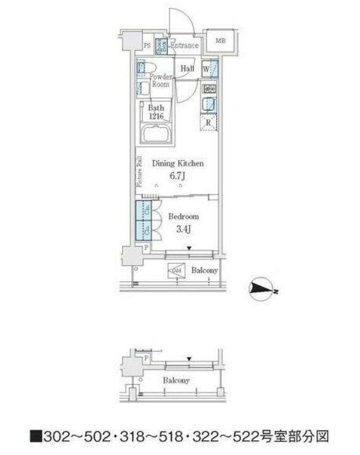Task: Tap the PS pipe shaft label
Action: [147, 45]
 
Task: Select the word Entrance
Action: [184, 45]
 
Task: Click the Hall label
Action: [188, 68]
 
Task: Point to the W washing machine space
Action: [206, 69]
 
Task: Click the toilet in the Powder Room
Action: [142, 68]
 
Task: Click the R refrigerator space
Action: [208, 122]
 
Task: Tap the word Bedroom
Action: [184, 217]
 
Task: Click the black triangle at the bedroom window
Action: [189, 248]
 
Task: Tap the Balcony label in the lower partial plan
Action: [176, 380]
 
